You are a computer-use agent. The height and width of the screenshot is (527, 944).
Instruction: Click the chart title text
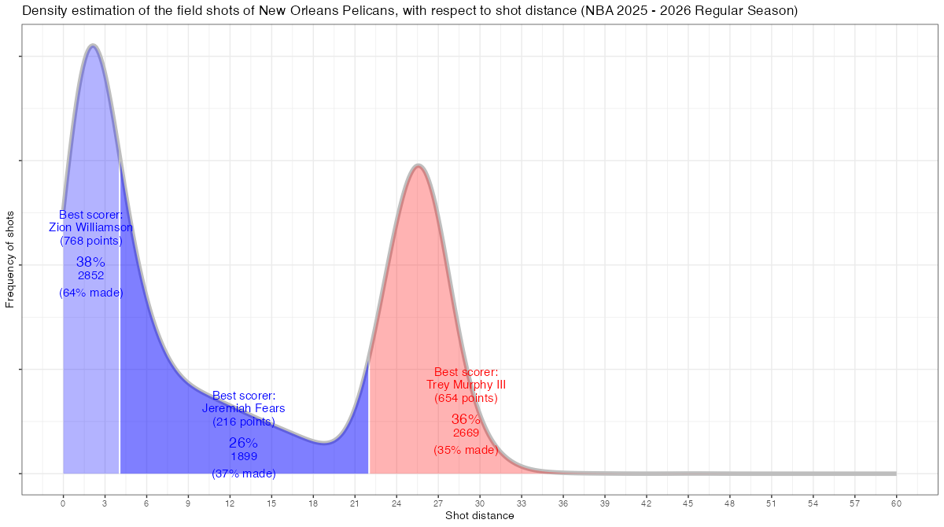tap(409, 11)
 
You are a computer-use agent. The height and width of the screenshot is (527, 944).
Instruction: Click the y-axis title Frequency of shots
tap(10, 259)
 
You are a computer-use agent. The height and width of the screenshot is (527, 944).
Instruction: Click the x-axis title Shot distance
tap(479, 516)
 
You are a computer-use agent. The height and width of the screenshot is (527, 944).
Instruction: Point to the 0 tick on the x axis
tap(63, 503)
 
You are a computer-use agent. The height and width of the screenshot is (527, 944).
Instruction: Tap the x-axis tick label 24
tap(396, 503)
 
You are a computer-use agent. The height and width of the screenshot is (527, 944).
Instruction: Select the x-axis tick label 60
tap(896, 503)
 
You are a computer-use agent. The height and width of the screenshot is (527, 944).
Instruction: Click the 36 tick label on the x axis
tap(563, 503)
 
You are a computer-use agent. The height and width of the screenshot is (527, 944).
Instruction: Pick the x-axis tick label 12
tap(230, 503)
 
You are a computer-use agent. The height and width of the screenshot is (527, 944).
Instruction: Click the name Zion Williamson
tap(91, 227)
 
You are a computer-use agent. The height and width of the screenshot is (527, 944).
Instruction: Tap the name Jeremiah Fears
tap(244, 408)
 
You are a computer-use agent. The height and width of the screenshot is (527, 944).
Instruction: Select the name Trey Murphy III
tap(466, 385)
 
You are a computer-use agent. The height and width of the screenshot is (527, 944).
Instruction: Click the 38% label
tap(91, 262)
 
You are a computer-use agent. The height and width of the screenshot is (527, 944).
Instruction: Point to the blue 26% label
tap(244, 443)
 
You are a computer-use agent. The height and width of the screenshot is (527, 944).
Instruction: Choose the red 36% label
tap(466, 419)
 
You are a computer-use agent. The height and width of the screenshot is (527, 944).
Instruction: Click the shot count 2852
tap(91, 275)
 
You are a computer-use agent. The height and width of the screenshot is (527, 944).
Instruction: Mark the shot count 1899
tap(244, 456)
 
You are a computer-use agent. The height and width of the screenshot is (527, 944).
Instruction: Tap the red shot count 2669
tap(466, 433)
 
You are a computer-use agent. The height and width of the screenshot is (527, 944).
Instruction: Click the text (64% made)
tap(91, 293)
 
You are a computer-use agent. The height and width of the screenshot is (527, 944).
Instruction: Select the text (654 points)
tap(466, 398)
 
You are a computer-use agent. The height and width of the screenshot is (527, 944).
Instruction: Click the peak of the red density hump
tap(419, 165)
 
